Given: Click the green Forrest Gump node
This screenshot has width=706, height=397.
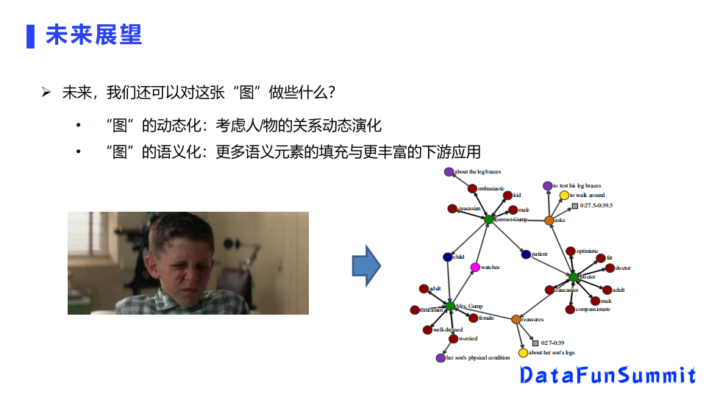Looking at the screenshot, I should (488, 219).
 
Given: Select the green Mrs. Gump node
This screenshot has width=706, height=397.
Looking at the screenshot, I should (450, 306).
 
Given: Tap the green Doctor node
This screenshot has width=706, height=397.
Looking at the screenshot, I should (574, 276).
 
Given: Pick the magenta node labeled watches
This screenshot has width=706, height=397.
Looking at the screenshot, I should (475, 267).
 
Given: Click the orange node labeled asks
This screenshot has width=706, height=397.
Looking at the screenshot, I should (549, 221).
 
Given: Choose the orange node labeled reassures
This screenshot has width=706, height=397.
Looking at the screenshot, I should (516, 319).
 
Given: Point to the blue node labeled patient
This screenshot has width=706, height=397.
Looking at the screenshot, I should (526, 254).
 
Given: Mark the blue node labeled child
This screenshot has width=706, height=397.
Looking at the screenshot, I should (447, 257).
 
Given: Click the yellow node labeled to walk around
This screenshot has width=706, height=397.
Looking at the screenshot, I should (564, 196).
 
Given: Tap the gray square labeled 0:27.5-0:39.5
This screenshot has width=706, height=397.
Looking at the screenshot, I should (575, 206).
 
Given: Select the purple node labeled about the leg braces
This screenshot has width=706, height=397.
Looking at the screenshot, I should (449, 171).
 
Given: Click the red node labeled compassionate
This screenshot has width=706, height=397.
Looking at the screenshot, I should (570, 310).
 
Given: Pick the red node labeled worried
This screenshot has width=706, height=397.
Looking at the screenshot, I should (453, 339).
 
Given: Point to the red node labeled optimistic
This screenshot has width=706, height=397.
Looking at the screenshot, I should (571, 251).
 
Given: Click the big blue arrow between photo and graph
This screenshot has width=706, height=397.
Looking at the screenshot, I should (365, 265).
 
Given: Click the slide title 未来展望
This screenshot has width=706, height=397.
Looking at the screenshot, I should (93, 35).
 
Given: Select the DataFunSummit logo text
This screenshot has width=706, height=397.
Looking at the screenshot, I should (607, 375).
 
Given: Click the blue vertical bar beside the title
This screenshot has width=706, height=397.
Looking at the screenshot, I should (30, 35).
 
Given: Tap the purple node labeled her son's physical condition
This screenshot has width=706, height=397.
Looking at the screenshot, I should (441, 358).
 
